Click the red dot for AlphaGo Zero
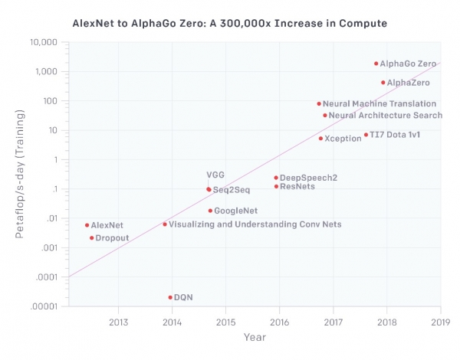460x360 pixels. click(376, 64)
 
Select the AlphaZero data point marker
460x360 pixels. click(383, 83)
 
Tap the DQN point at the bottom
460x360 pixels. click(169, 297)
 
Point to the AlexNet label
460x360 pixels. click(107, 226)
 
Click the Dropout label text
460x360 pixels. click(112, 238)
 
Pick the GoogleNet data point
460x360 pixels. click(209, 211)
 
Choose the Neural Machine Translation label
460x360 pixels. click(379, 103)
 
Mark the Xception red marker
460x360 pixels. click(320, 139)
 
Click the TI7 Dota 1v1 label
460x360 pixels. click(395, 136)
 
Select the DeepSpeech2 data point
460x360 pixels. click(276, 178)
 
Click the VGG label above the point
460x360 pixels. click(215, 175)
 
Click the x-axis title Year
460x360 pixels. click(255, 337)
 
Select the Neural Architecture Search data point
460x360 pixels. click(325, 116)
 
